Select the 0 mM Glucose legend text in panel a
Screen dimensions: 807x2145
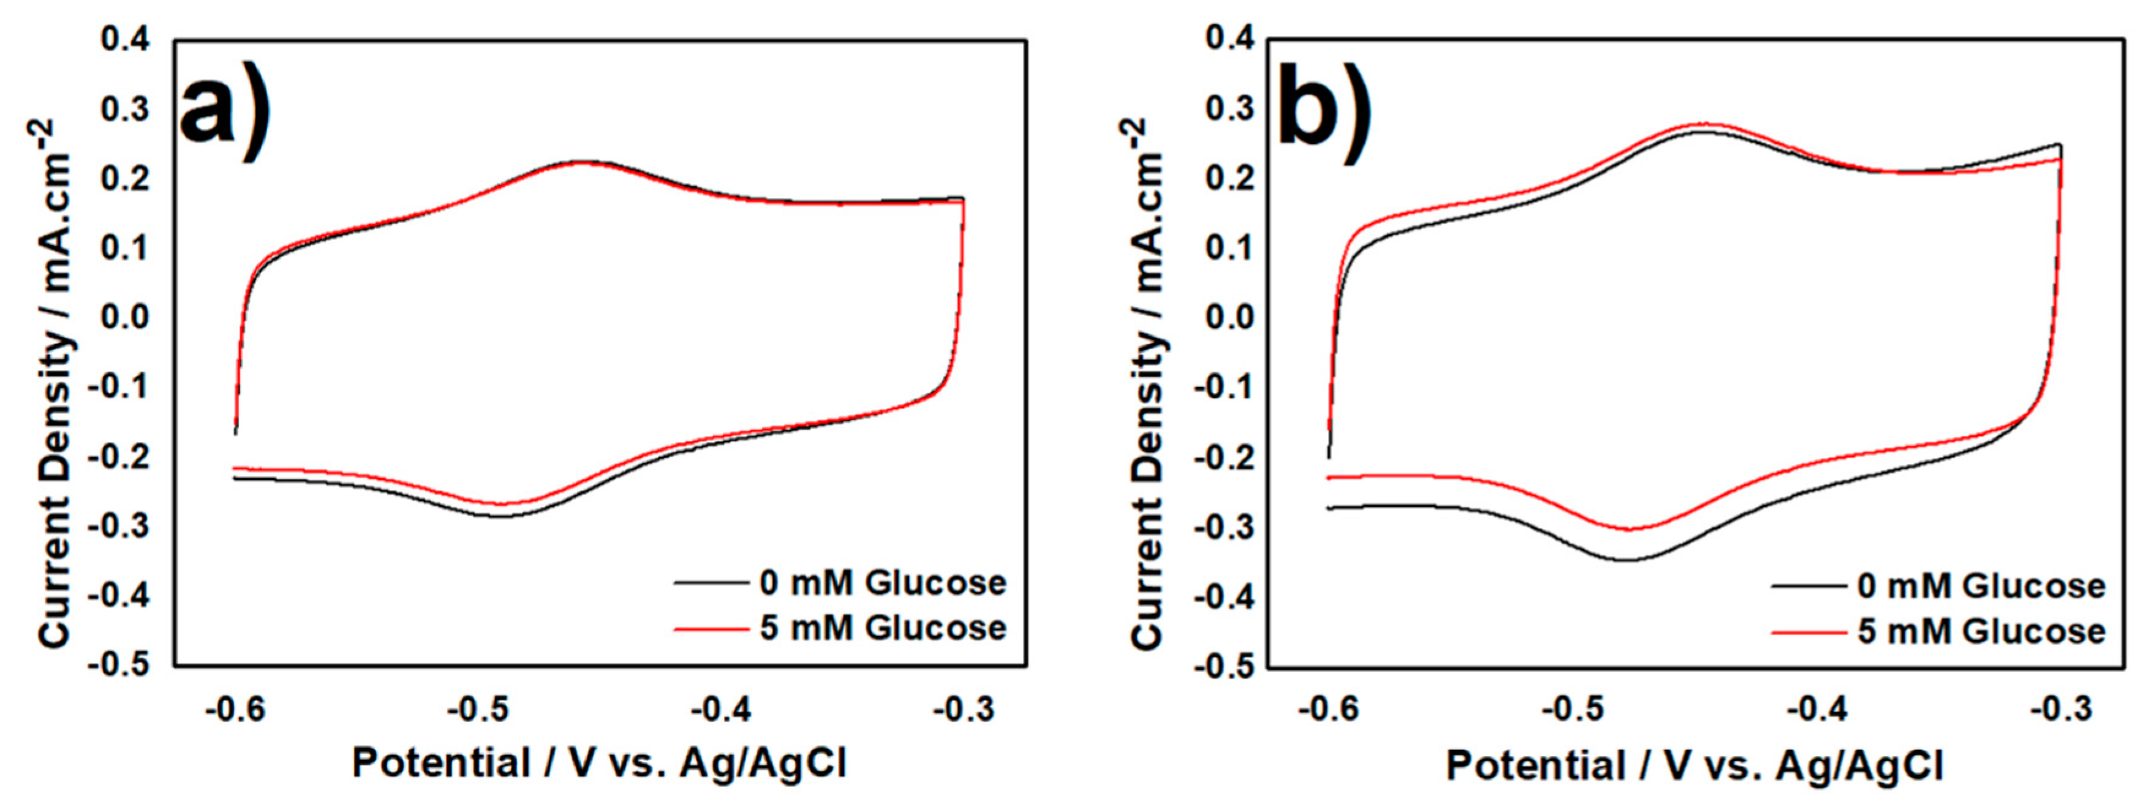pos(883,583)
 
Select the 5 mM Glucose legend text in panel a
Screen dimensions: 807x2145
pos(883,628)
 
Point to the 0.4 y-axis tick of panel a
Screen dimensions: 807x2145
pos(125,39)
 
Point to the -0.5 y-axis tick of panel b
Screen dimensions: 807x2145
pos(1223,667)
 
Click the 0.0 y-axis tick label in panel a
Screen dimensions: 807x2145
pos(125,317)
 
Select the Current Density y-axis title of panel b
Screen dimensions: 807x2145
pos(1147,383)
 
